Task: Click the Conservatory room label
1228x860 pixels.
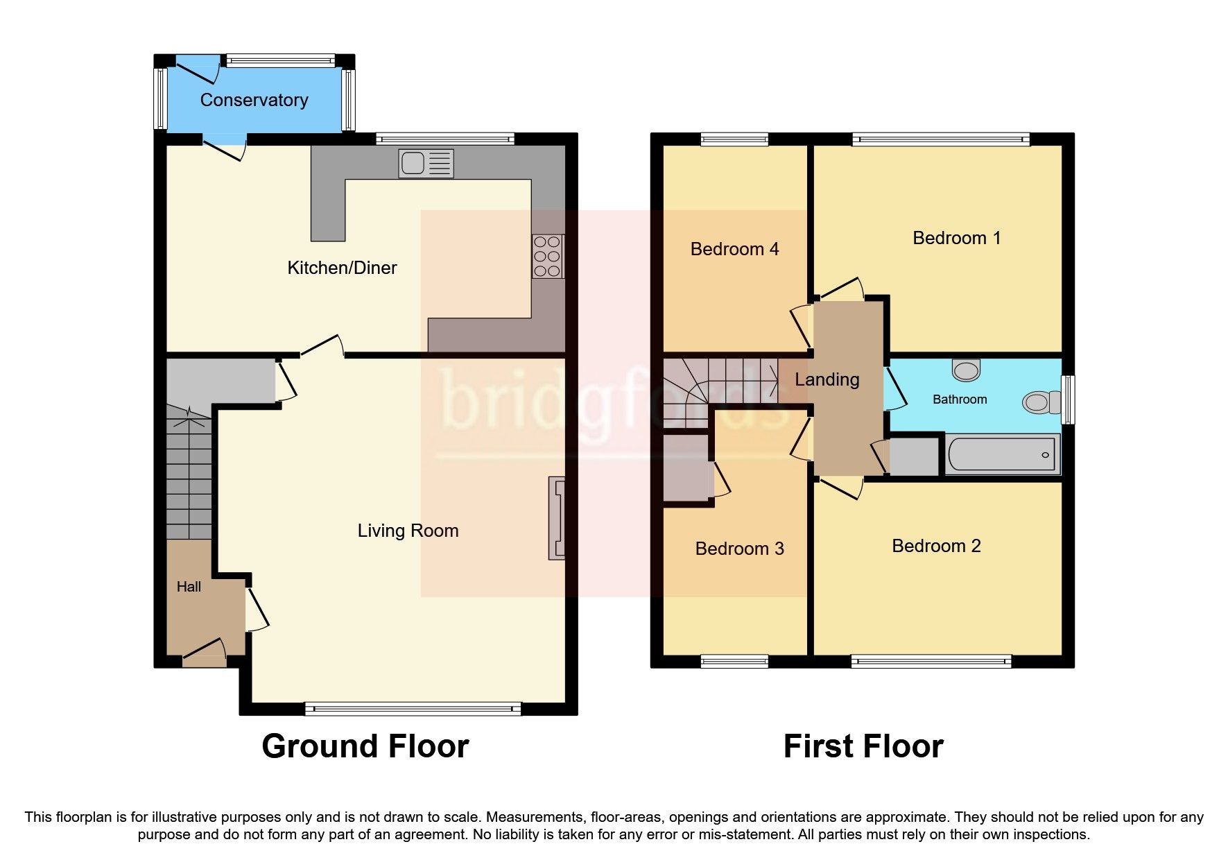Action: (x=254, y=100)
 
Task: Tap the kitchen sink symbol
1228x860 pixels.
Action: (x=426, y=164)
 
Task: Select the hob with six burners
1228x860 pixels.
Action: (x=547, y=257)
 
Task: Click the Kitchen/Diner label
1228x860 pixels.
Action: (x=342, y=268)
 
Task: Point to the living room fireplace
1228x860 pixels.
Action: (x=557, y=517)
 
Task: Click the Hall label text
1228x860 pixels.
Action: (x=189, y=587)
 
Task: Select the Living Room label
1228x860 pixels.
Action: (x=408, y=531)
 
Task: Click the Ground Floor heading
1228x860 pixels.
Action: (x=365, y=746)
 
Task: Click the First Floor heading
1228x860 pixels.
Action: (x=863, y=746)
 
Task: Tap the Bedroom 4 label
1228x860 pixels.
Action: (x=734, y=249)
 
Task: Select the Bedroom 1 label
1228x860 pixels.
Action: (x=956, y=238)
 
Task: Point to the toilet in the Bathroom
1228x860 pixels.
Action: (x=1041, y=402)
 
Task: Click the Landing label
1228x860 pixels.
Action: (x=827, y=379)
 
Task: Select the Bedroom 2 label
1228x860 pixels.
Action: (x=936, y=546)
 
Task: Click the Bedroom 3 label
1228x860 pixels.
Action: (x=739, y=549)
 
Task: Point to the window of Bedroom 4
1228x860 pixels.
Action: (x=734, y=139)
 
